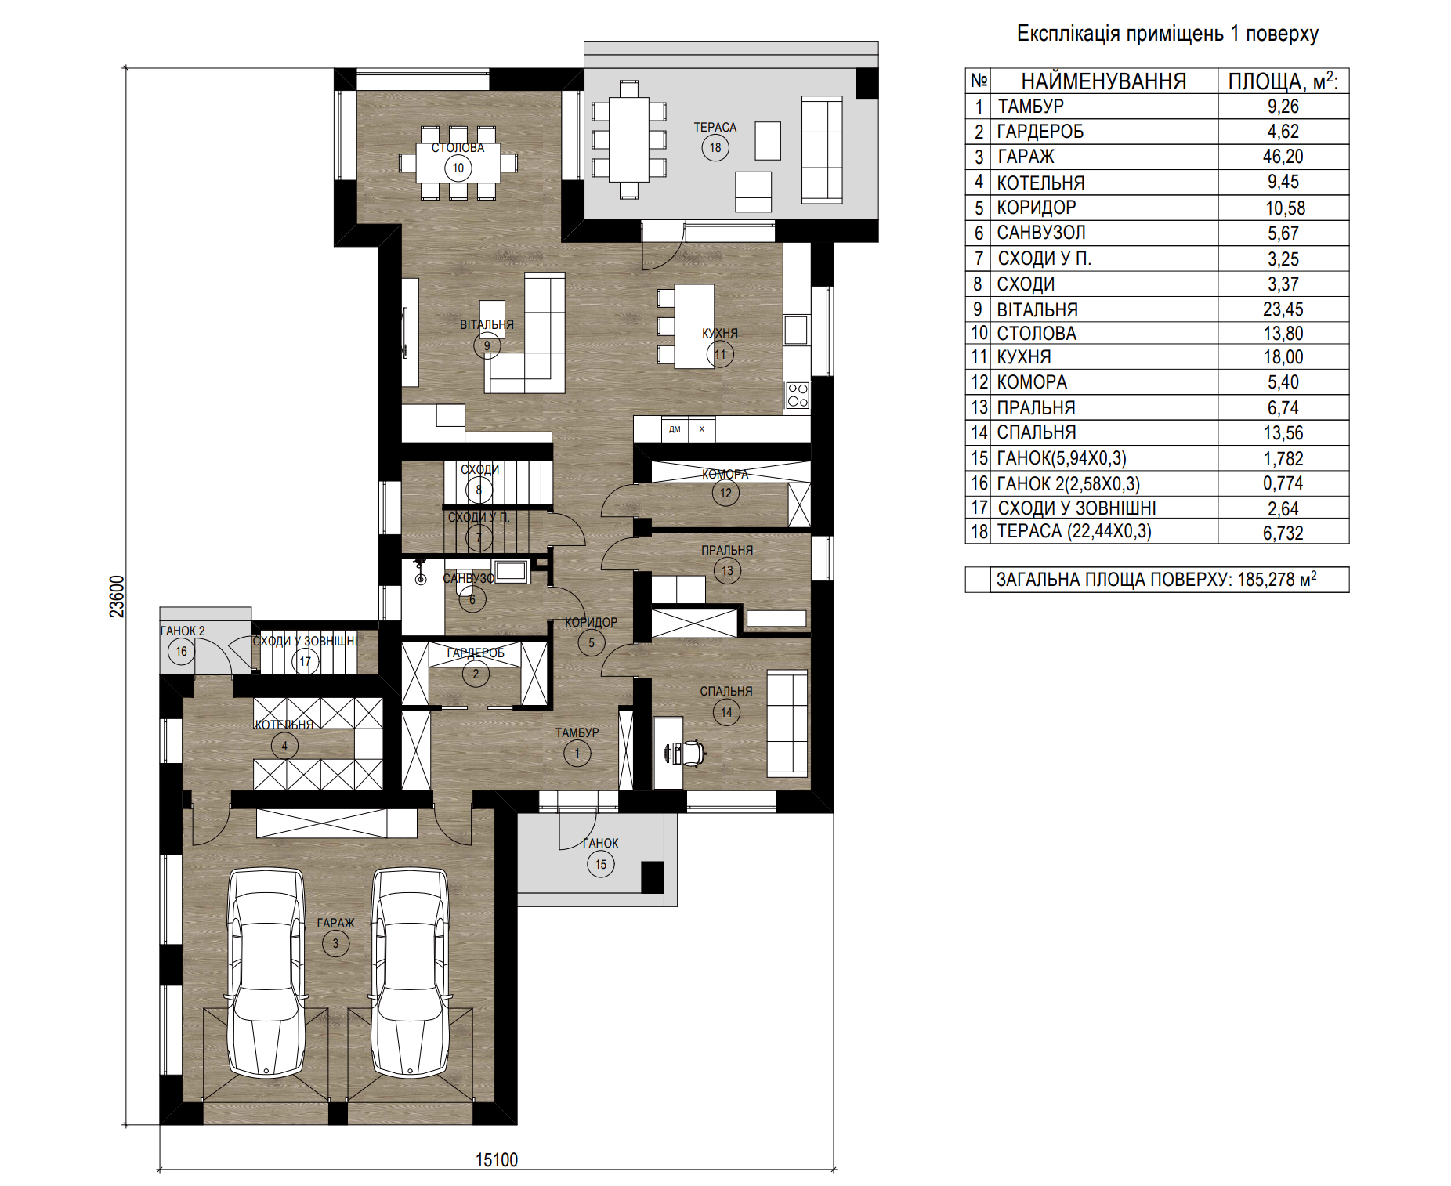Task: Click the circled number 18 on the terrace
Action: (715, 147)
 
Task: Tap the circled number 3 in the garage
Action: (335, 943)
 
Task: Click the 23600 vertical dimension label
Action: (117, 596)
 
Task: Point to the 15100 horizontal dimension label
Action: (497, 1159)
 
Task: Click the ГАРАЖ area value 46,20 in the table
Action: (1283, 157)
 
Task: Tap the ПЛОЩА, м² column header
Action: (1283, 81)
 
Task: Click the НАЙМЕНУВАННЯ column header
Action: (1103, 81)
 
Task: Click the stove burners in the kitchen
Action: (798, 396)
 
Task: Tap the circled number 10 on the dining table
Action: (458, 168)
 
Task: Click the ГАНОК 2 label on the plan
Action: (183, 631)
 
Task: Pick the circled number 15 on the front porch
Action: (601, 864)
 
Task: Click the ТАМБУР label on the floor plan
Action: (577, 732)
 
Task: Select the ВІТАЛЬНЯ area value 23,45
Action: (1283, 309)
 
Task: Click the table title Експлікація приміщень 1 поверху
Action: (1167, 34)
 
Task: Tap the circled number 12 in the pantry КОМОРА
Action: (725, 493)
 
